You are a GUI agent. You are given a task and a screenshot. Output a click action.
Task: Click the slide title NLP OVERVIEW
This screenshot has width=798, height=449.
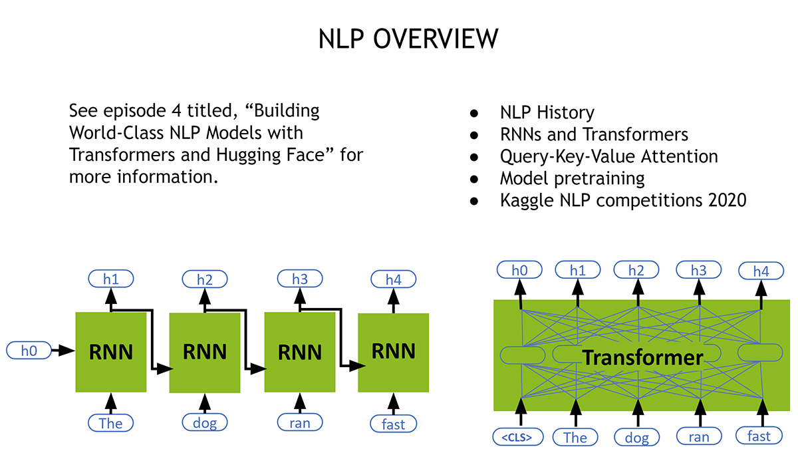408,39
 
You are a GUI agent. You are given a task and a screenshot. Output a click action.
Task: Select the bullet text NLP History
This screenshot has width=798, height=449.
547,113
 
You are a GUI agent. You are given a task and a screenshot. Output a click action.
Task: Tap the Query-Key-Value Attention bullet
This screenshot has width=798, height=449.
608,156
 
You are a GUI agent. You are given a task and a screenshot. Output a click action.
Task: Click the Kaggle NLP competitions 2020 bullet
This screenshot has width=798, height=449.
622,200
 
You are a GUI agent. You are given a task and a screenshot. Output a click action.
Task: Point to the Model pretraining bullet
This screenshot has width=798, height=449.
572,178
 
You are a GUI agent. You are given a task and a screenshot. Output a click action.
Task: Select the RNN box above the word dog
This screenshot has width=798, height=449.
205,352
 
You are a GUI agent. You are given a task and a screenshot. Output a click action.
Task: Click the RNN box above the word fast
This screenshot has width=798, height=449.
393,351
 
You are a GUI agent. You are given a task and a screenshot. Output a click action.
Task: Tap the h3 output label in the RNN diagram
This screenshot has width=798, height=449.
300,279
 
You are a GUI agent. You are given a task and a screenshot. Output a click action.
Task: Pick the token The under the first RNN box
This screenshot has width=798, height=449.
110,423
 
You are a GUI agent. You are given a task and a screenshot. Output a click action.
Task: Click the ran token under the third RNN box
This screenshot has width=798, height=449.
300,422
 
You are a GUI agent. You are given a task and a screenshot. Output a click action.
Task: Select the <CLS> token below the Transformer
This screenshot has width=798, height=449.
517,437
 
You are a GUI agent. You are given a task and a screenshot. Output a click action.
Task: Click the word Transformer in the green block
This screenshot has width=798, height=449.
642,357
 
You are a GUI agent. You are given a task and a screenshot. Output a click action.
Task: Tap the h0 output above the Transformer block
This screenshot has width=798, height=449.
519,271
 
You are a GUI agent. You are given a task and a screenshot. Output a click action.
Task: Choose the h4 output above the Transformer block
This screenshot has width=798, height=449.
761,271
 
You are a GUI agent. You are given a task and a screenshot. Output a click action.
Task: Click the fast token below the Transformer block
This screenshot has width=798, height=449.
759,436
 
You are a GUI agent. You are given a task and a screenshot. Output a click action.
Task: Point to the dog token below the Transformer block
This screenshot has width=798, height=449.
636,437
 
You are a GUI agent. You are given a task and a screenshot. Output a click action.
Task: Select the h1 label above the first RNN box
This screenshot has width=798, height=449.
111,279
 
